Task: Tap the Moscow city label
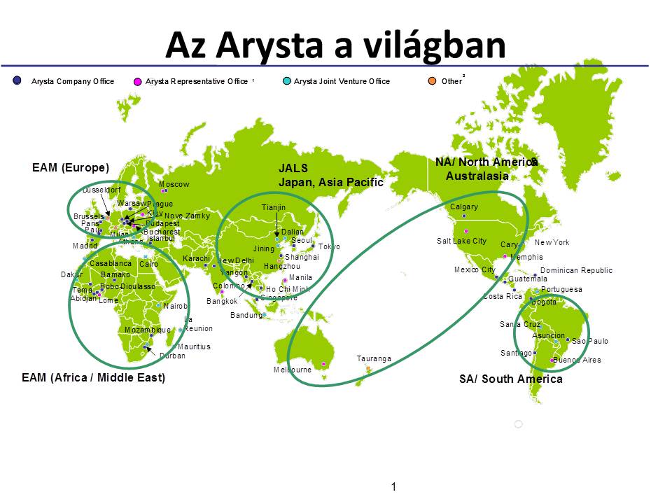(x=174, y=184)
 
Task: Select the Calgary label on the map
(x=464, y=206)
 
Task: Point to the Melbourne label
(x=293, y=370)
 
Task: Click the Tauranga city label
(x=374, y=358)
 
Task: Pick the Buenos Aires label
(x=577, y=360)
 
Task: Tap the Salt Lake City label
(x=461, y=241)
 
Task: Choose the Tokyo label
(x=329, y=246)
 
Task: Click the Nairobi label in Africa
(x=176, y=306)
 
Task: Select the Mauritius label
(x=194, y=346)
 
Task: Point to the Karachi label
(x=196, y=258)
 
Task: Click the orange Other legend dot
(x=432, y=81)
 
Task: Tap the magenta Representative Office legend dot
(x=137, y=81)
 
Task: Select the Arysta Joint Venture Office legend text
(x=342, y=81)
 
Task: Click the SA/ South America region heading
(x=510, y=379)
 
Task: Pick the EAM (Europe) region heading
(x=71, y=167)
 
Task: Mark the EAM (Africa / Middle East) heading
(x=93, y=377)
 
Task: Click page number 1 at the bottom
(x=394, y=486)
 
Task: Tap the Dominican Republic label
(x=576, y=270)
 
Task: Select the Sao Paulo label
(x=590, y=341)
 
